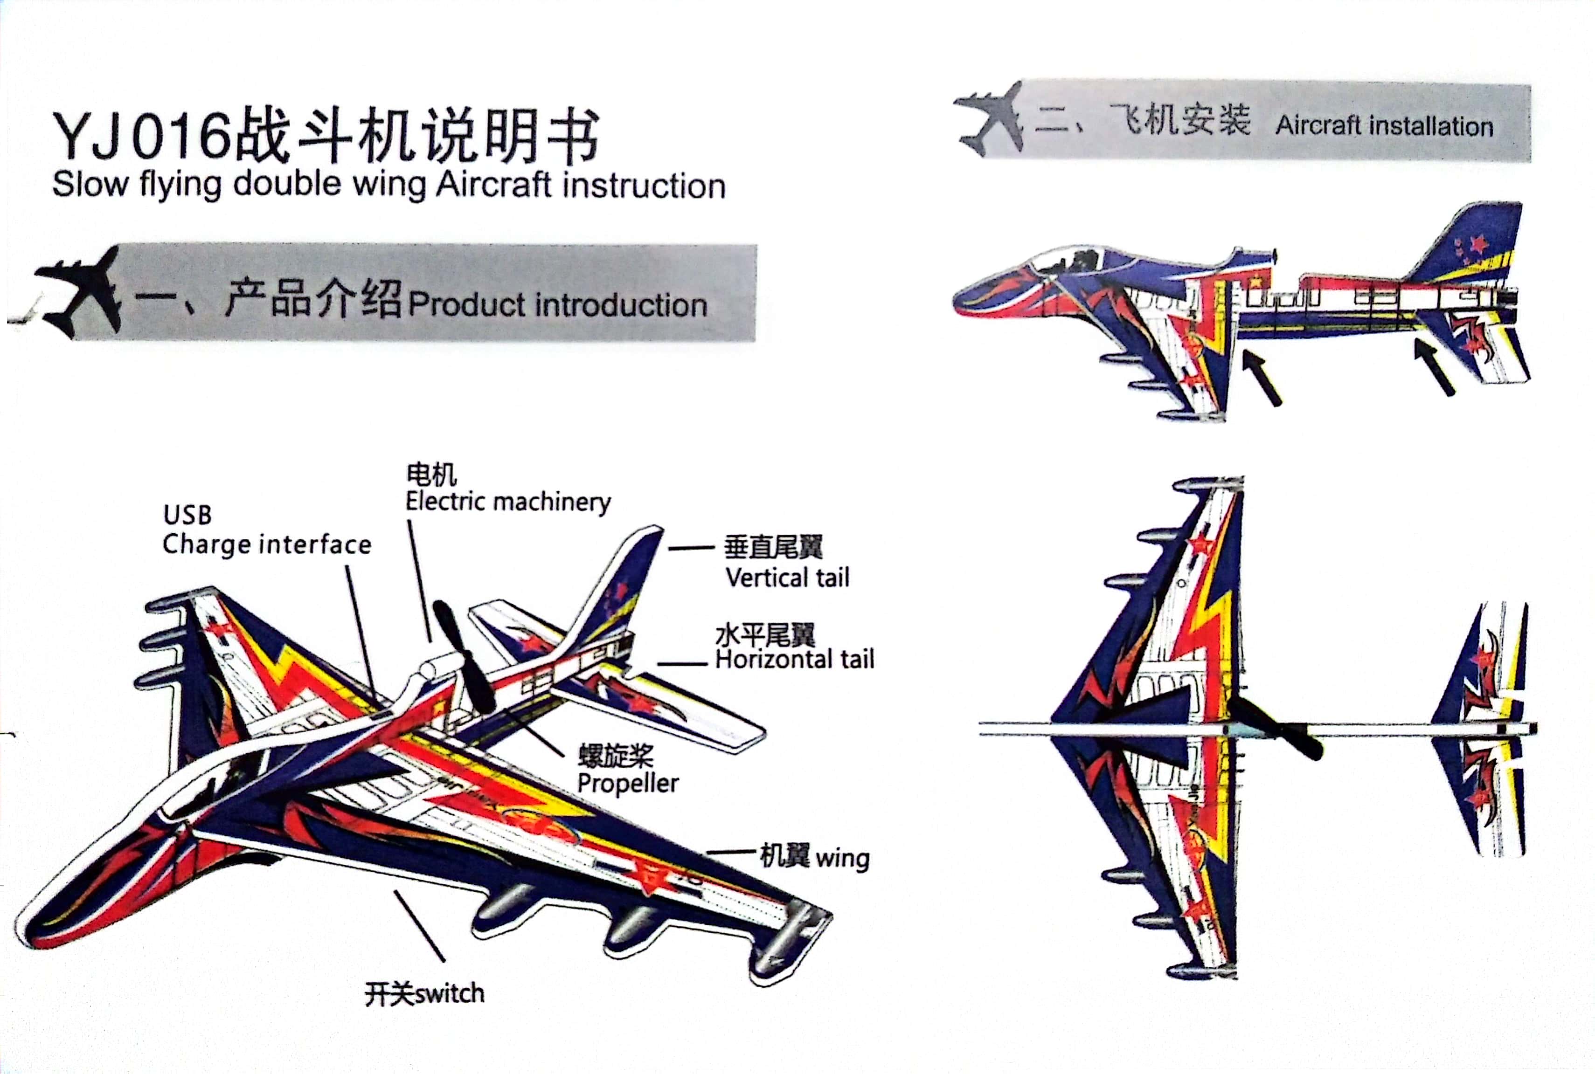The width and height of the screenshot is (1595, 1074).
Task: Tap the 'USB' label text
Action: (187, 515)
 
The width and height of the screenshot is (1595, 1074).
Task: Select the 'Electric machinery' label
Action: (508, 502)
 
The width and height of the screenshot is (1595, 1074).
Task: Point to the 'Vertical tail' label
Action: (787, 578)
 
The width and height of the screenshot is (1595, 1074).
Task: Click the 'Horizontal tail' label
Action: (795, 660)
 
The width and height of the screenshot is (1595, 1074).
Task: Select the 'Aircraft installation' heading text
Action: (1384, 126)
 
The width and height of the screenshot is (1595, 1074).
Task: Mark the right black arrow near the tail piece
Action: (1434, 367)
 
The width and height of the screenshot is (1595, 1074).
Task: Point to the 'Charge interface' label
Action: (266, 544)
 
